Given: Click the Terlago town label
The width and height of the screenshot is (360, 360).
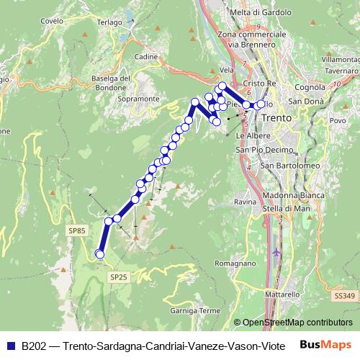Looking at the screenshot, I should pyautogui.click(x=110, y=22).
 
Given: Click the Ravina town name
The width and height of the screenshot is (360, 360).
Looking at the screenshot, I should pyautogui.click(x=245, y=202).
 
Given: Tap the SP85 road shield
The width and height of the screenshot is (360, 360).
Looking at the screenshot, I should pyautogui.click(x=78, y=230).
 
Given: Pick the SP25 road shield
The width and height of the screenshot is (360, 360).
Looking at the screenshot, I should pyautogui.click(x=119, y=276).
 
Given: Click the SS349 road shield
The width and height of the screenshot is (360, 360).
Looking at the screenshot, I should pyautogui.click(x=345, y=296).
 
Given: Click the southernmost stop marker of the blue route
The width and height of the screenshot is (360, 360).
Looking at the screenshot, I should pyautogui.click(x=100, y=254).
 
